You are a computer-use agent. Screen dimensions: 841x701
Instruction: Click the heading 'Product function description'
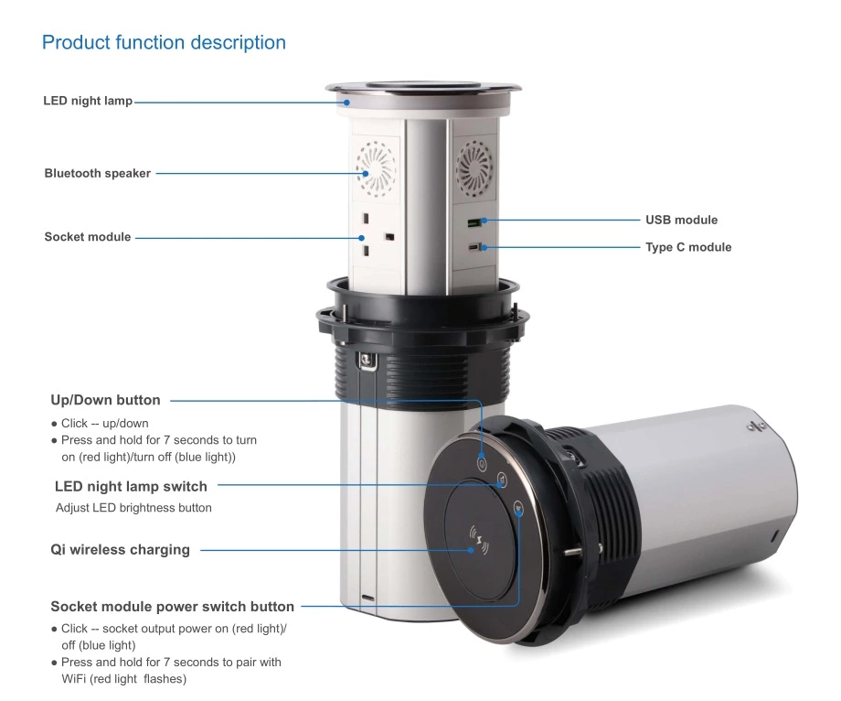(x=164, y=42)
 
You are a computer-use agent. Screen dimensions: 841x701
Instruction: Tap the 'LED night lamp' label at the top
(x=88, y=101)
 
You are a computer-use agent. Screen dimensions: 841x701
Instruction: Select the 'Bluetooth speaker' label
(x=98, y=173)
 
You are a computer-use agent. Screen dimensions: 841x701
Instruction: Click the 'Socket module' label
(x=88, y=237)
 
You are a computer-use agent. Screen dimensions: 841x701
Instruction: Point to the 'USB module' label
(x=681, y=220)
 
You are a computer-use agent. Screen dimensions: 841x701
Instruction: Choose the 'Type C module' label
(x=688, y=247)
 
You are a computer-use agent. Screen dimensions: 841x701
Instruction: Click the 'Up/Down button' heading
(x=105, y=400)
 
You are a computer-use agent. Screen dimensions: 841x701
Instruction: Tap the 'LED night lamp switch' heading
(x=131, y=486)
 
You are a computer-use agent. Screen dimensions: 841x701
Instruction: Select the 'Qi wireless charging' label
(x=120, y=550)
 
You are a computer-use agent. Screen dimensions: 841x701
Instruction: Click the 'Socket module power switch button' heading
(x=172, y=607)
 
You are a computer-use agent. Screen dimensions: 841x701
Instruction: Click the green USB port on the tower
(x=474, y=222)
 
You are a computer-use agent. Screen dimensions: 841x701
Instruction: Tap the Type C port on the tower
(x=474, y=247)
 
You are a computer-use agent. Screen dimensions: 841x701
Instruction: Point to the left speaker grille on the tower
(x=376, y=168)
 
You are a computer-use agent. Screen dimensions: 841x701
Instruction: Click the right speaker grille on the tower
(x=474, y=168)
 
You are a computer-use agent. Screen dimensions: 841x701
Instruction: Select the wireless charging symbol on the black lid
(x=479, y=541)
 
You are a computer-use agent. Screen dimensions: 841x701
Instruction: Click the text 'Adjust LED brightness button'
(x=133, y=508)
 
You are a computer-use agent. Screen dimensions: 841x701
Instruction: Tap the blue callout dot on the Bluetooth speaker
(x=366, y=173)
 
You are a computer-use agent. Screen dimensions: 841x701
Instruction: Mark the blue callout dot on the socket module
(x=361, y=238)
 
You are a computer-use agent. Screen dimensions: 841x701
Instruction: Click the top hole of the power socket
(x=366, y=218)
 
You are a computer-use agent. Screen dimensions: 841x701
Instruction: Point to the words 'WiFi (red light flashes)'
(x=124, y=679)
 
